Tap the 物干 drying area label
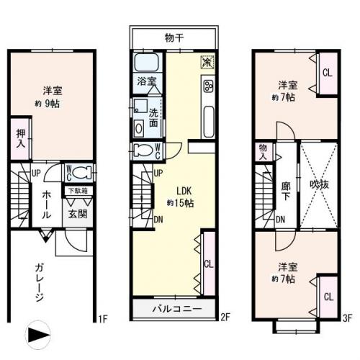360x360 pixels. (x=174, y=37)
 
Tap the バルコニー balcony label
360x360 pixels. (x=175, y=310)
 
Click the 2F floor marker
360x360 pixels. (x=225, y=317)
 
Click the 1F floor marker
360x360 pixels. (x=103, y=318)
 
